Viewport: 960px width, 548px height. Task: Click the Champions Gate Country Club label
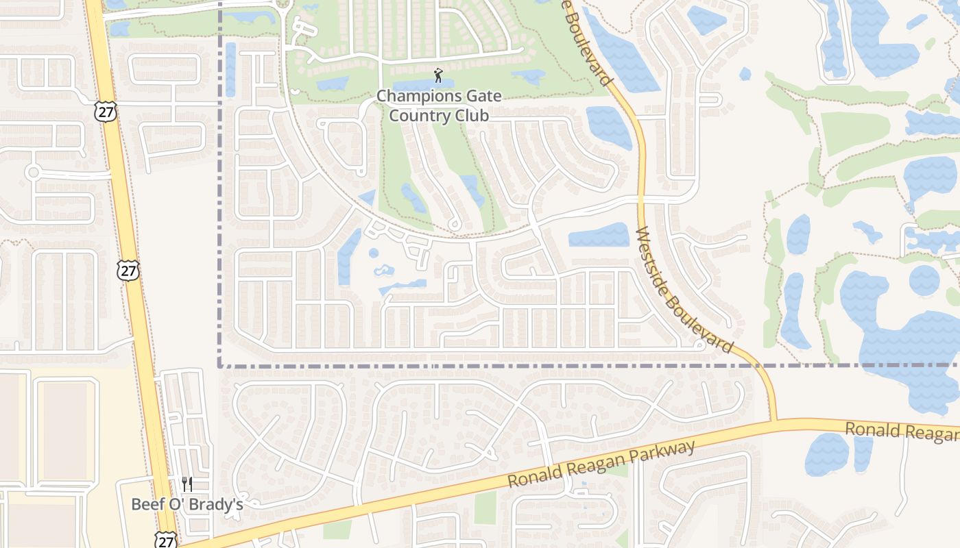click(439, 105)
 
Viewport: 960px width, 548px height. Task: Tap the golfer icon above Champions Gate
click(438, 75)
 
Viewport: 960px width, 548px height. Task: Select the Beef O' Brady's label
click(187, 504)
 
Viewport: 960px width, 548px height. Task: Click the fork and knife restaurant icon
click(187, 484)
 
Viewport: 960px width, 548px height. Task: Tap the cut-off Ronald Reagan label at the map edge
click(901, 431)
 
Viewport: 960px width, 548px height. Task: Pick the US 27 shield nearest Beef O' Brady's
click(165, 540)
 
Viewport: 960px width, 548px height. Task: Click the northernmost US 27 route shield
click(106, 112)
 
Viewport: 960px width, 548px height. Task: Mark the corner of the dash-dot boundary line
click(220, 366)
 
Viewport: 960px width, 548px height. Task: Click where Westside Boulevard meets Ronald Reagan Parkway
click(773, 421)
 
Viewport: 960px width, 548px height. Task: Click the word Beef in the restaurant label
click(145, 504)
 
